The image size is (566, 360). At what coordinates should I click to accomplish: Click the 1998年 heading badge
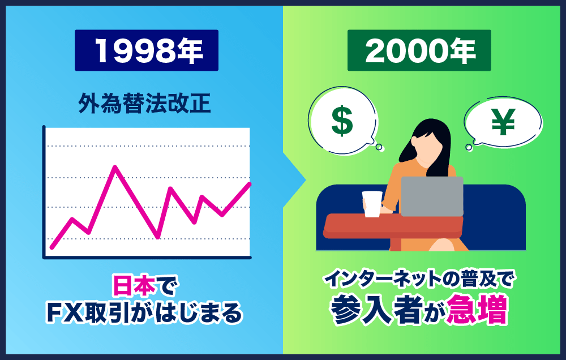point(147,50)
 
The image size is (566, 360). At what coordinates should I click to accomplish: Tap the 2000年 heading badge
point(419,50)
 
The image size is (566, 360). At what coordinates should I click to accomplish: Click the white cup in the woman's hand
point(372,204)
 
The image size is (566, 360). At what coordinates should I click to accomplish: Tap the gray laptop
point(432,196)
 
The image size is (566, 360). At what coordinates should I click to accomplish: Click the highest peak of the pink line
point(115,167)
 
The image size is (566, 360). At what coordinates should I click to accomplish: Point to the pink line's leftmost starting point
point(52,247)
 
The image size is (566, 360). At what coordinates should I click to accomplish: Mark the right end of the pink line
point(250,183)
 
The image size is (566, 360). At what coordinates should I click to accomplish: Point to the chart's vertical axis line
point(44,192)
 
